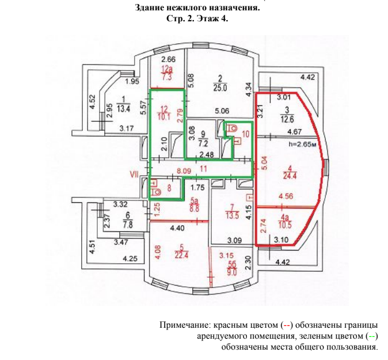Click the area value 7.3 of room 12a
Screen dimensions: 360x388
pos(168,75)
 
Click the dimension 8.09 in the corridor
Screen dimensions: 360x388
pos(184,171)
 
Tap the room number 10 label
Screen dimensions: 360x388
pos(245,134)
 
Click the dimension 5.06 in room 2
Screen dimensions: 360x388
pos(221,111)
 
